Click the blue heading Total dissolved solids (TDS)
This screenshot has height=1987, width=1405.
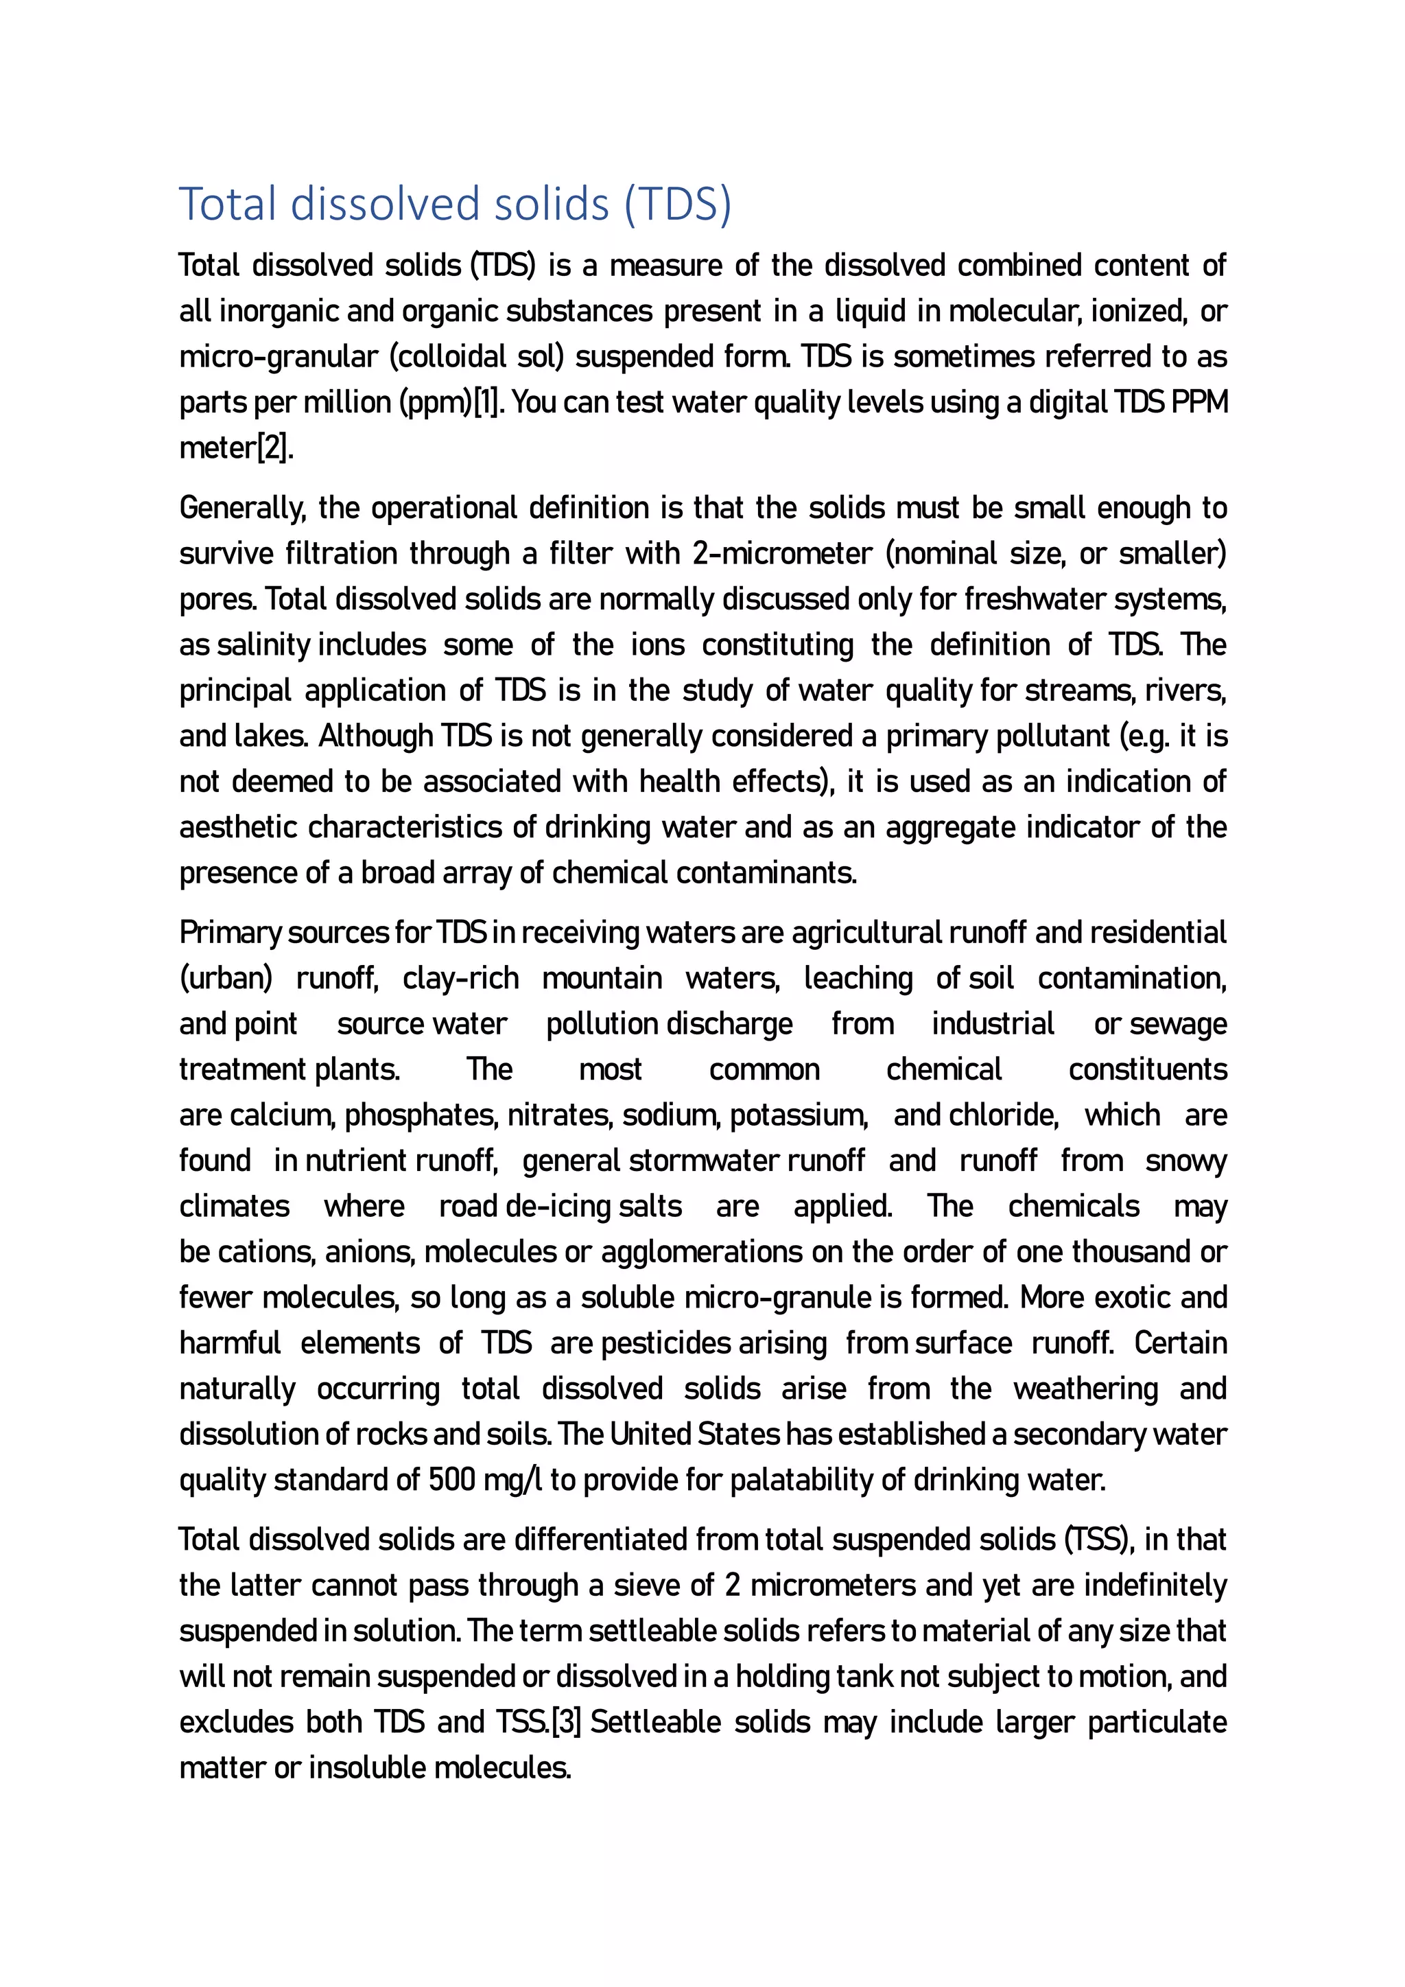tap(455, 205)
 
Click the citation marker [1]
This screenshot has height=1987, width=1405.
tap(486, 402)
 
